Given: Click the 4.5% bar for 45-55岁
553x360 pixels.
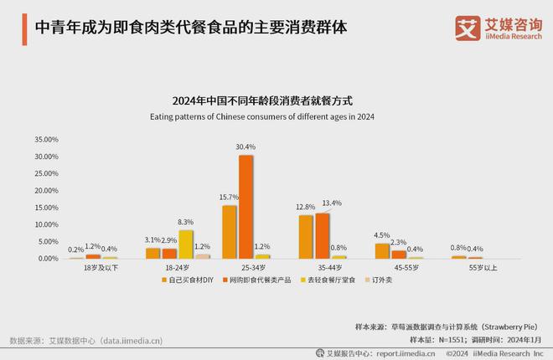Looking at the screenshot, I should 382,251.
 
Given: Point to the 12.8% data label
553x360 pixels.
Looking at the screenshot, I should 306,207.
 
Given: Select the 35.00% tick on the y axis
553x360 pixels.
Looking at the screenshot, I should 45,139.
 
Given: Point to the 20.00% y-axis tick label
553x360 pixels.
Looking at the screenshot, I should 45,190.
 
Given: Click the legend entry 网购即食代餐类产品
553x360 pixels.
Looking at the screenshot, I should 256,281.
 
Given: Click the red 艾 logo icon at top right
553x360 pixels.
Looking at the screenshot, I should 467,27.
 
